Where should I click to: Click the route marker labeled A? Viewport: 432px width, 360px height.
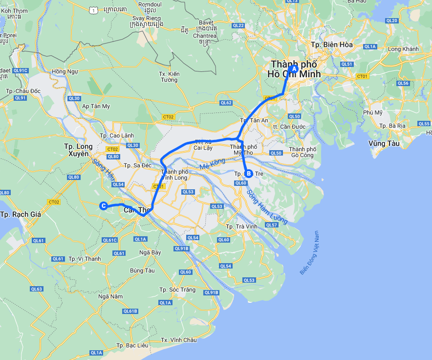[x=294, y=69]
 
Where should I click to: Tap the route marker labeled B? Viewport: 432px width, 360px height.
[x=248, y=173]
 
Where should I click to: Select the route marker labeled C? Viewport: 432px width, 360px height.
[x=104, y=206]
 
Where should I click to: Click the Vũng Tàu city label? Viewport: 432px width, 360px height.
[x=384, y=143]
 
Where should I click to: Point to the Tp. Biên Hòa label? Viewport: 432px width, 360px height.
[x=332, y=45]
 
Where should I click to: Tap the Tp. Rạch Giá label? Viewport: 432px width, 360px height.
[x=21, y=214]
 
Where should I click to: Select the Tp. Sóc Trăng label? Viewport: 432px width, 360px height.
[x=177, y=290]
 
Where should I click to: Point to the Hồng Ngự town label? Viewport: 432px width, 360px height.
[x=65, y=71]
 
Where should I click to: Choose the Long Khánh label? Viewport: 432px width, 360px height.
[x=403, y=49]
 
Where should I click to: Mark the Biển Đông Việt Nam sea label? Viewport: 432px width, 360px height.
[x=309, y=252]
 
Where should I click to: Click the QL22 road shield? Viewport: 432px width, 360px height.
[x=238, y=25]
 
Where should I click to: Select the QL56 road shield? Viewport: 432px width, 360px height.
[x=403, y=83]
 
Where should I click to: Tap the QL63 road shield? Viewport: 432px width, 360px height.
[x=37, y=289]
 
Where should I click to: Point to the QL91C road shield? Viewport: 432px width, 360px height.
[x=21, y=70]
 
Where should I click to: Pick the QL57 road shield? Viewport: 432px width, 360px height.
[x=272, y=225]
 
